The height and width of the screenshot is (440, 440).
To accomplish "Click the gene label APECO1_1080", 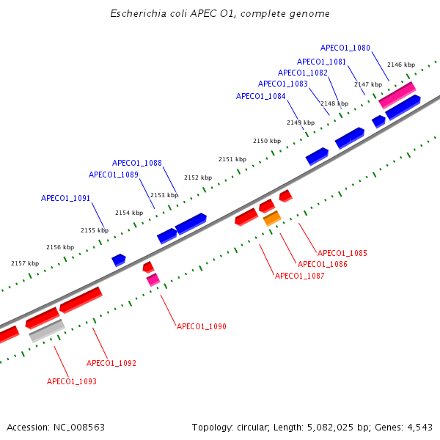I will coord(345,48).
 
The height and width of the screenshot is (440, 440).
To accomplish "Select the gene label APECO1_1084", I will coord(261,97).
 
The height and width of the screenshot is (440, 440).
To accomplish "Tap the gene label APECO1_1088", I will coord(137,164).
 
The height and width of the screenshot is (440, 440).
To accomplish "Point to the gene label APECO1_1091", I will coord(66,199).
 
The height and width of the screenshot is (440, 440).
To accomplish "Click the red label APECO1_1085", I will coord(342,254).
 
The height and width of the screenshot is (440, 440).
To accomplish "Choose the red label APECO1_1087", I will coord(299,276).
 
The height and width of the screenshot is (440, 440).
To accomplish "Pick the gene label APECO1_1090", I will coord(202,326).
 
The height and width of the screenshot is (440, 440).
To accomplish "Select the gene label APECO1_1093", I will coord(72,382).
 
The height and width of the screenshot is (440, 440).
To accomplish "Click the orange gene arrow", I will coord(272,218).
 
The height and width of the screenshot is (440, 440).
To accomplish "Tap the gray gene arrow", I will coord(47,331).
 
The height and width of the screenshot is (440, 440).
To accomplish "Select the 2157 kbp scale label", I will coord(25,263).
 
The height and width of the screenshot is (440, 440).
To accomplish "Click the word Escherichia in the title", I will coord(136,14).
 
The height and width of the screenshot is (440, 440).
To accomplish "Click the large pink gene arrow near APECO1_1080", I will coord(397,93).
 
